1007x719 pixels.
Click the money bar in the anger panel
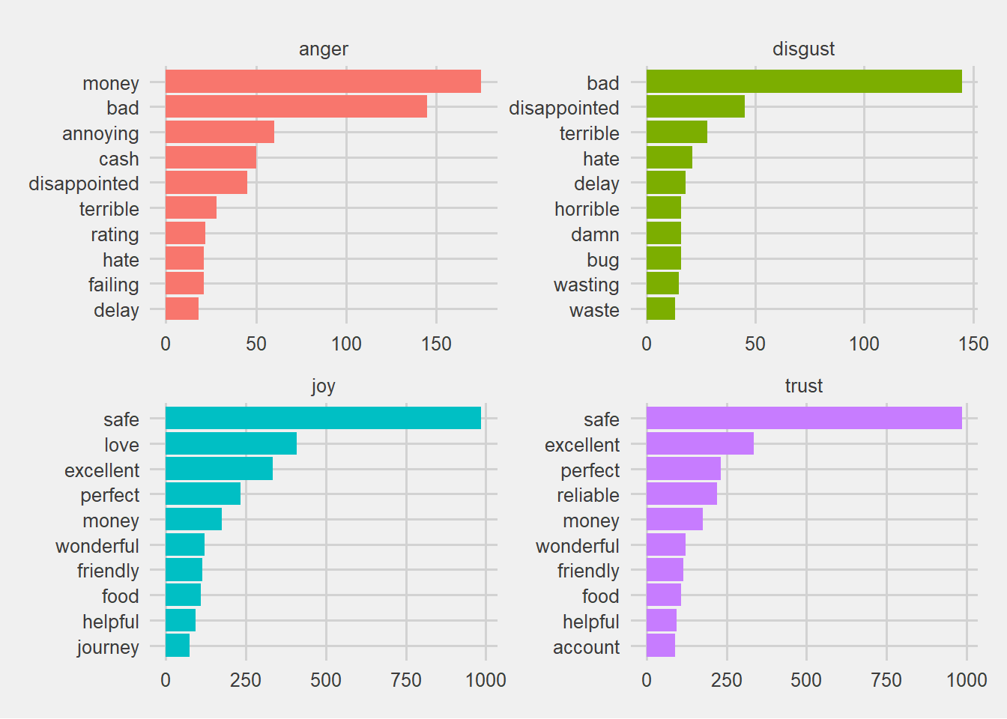[323, 82]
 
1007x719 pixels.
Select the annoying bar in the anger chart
[220, 132]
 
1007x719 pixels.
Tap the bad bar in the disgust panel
[804, 82]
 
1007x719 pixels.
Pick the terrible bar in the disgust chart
[677, 132]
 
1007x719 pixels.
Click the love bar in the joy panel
[231, 443]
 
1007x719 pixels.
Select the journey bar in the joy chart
[178, 646]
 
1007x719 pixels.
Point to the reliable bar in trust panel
[682, 494]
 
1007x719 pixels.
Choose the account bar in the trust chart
[661, 646]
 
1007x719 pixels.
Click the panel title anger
[323, 49]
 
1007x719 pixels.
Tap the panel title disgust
[803, 49]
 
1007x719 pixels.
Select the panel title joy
[323, 386]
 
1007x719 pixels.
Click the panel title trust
[804, 386]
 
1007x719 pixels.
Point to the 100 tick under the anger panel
[346, 345]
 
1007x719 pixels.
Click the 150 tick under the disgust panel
[973, 345]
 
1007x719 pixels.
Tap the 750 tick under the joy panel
[406, 680]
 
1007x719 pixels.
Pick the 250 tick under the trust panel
[727, 680]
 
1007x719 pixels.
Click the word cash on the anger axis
[118, 159]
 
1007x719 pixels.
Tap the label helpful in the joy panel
[111, 622]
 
